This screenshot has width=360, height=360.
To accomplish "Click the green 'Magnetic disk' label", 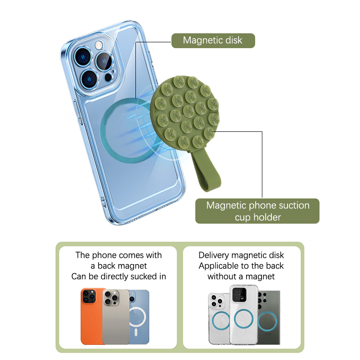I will tap(213, 40).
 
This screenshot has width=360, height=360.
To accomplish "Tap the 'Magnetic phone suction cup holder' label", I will tap(257, 211).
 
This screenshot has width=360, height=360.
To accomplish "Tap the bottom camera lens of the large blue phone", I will tap(89, 80).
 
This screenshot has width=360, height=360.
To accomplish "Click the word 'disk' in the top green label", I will tap(233, 40).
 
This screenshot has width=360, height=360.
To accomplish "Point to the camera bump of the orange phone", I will tap(88, 296).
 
